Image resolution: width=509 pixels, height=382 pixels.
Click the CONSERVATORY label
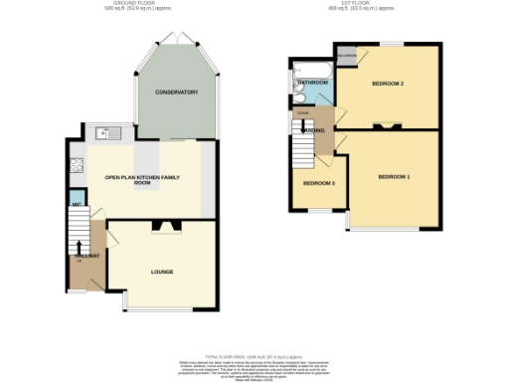click(176, 93)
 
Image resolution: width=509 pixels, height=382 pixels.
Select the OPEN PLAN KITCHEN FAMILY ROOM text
click(141, 180)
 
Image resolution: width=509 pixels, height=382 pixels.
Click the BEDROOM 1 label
click(394, 177)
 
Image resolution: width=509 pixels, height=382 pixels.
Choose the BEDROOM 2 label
click(387, 83)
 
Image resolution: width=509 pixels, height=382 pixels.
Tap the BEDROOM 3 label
click(318, 184)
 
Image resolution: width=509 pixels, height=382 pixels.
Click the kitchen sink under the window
click(103, 132)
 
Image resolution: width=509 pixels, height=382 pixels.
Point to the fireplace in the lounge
click(162, 227)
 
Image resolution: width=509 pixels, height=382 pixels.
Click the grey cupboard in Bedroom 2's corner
click(347, 56)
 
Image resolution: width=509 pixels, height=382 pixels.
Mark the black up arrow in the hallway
click(80, 246)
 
